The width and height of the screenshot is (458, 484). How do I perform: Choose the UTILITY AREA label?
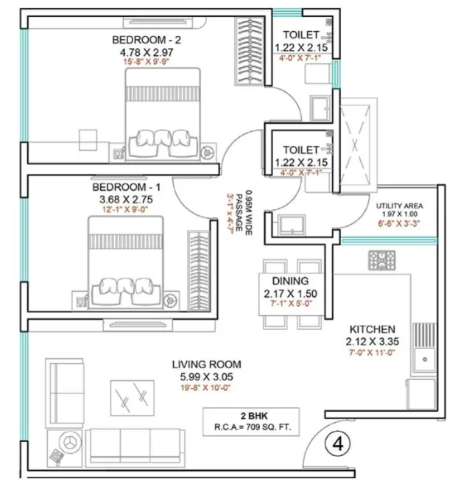(400, 206)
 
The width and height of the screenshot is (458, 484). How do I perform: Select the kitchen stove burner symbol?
(381, 261)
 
